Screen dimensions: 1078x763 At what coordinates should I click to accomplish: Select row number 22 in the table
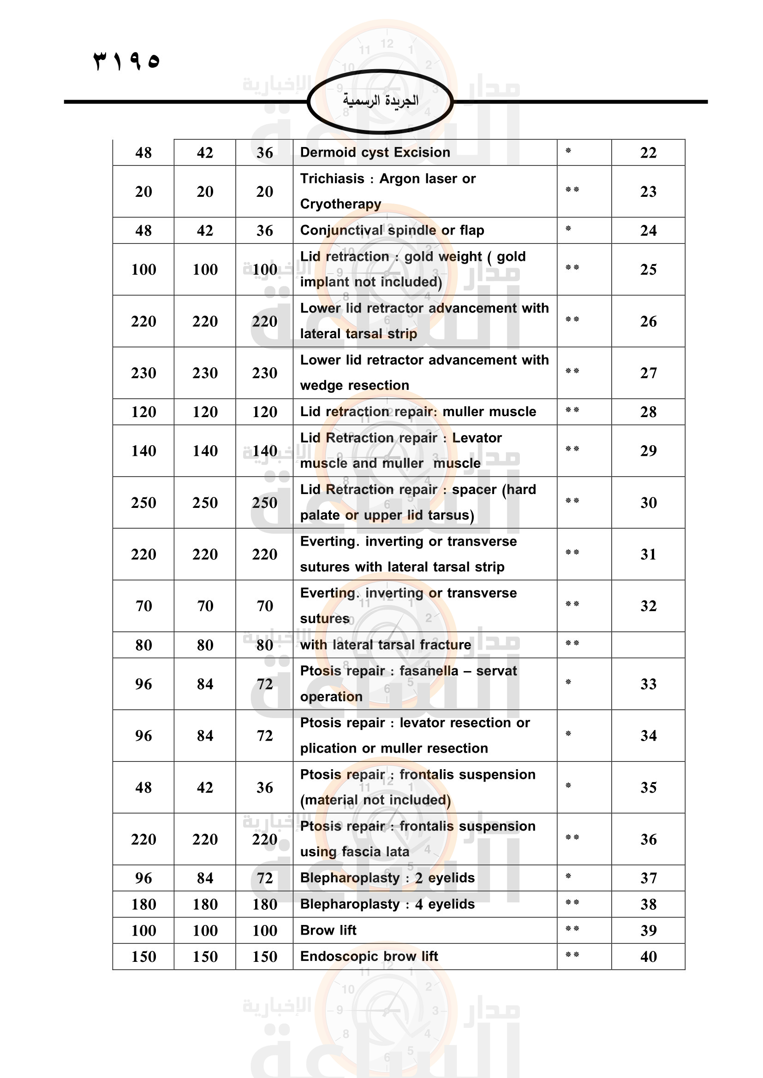(x=648, y=153)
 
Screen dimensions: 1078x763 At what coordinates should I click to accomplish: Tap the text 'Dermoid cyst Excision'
(x=375, y=153)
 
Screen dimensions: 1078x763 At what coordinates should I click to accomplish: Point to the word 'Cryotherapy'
(x=340, y=204)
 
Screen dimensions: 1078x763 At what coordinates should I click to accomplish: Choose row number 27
(x=648, y=373)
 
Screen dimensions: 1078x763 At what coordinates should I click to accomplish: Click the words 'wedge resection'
(x=354, y=385)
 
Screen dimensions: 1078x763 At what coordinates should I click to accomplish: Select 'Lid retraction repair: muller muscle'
(x=417, y=412)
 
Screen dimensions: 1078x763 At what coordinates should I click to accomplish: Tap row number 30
(x=648, y=503)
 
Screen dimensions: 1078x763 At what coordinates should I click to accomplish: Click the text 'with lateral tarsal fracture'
(x=385, y=645)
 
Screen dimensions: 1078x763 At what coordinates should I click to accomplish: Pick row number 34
(x=648, y=736)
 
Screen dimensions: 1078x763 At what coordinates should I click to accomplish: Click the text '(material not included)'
(x=375, y=800)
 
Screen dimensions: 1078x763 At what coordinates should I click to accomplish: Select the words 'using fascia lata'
(x=354, y=852)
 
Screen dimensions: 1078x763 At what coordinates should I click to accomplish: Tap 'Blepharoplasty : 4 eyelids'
(x=387, y=904)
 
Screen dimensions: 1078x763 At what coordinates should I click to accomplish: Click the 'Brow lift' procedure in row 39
(x=328, y=931)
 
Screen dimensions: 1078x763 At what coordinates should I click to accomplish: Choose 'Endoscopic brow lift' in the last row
(x=369, y=956)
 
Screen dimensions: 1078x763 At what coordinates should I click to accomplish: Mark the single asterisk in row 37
(x=568, y=877)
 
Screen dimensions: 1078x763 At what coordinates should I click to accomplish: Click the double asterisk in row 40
(x=572, y=955)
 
